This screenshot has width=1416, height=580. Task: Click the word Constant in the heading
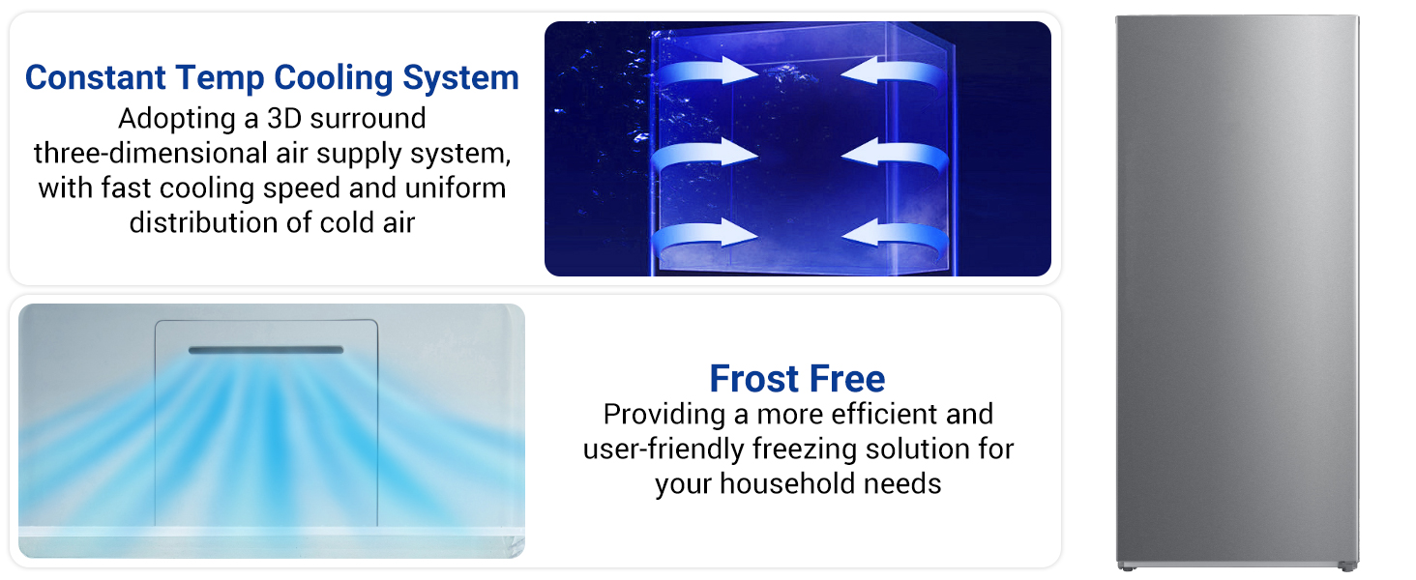(x=96, y=77)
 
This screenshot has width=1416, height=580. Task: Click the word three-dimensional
(x=150, y=153)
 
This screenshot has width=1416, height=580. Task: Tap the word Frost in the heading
(x=754, y=379)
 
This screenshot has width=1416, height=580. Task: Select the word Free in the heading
(x=847, y=379)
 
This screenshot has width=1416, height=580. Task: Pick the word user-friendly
(x=664, y=449)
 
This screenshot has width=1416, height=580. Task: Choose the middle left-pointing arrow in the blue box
(x=894, y=153)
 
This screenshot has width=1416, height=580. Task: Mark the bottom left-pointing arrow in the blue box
(x=894, y=235)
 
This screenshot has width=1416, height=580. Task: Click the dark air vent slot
(x=266, y=350)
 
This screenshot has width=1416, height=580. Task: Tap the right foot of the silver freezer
(x=1347, y=566)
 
